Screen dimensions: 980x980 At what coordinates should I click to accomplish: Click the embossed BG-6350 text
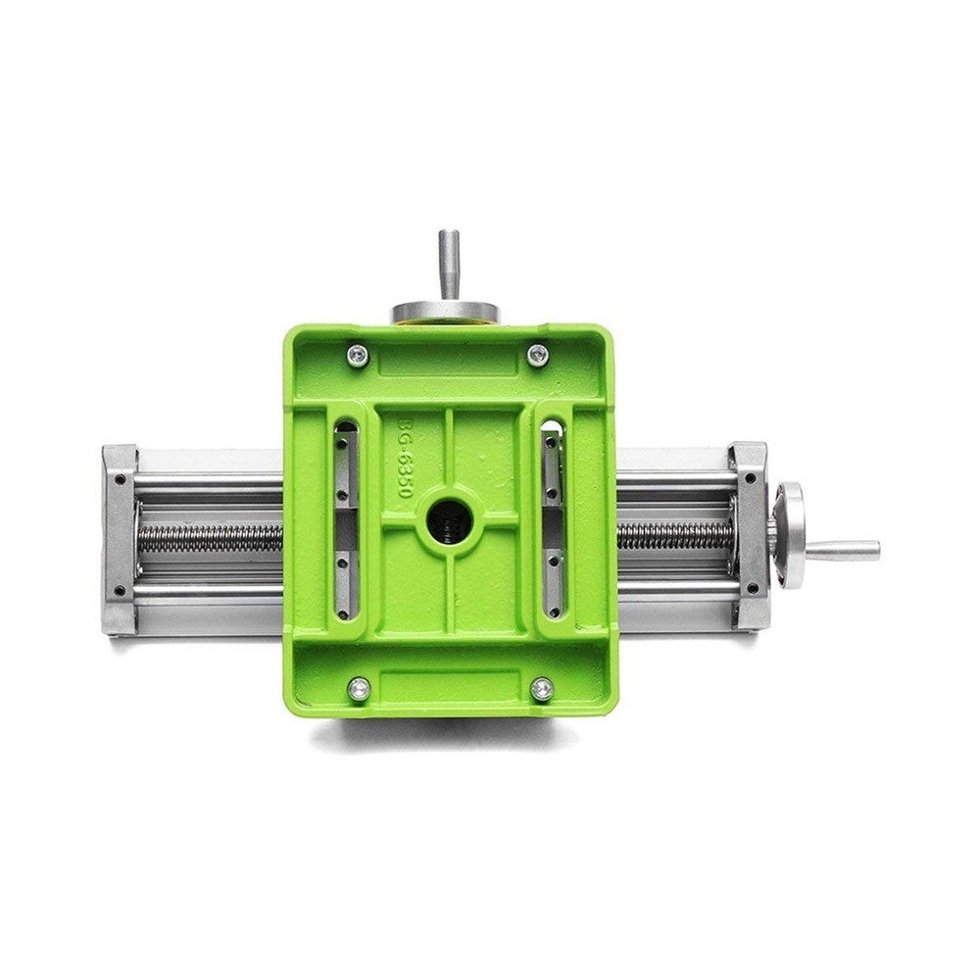coord(405,459)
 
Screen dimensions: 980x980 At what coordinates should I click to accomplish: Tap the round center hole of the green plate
coord(450,518)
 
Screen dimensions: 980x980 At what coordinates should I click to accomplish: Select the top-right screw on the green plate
coord(538,355)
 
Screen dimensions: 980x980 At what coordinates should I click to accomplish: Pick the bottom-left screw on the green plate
coord(360,689)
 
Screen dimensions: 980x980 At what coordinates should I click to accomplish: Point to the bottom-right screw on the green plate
coord(542,689)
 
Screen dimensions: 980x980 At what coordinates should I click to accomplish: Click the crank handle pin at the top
coord(449,263)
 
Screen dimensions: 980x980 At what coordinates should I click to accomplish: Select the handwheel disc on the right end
coord(788,535)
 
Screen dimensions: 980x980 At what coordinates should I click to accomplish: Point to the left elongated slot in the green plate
coord(346,519)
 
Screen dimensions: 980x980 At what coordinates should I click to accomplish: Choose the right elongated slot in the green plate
coord(553,519)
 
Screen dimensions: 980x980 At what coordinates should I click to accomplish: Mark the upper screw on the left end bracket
coord(119,479)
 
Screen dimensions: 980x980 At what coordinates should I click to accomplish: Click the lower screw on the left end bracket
coord(119,591)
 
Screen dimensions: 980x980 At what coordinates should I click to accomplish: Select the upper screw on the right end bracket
coord(751,478)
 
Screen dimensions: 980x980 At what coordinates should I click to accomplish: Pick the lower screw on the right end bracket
coord(752,589)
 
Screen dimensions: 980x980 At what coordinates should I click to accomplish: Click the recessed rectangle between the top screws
coord(448,360)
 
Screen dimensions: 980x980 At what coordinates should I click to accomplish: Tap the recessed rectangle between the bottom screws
coord(450,686)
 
